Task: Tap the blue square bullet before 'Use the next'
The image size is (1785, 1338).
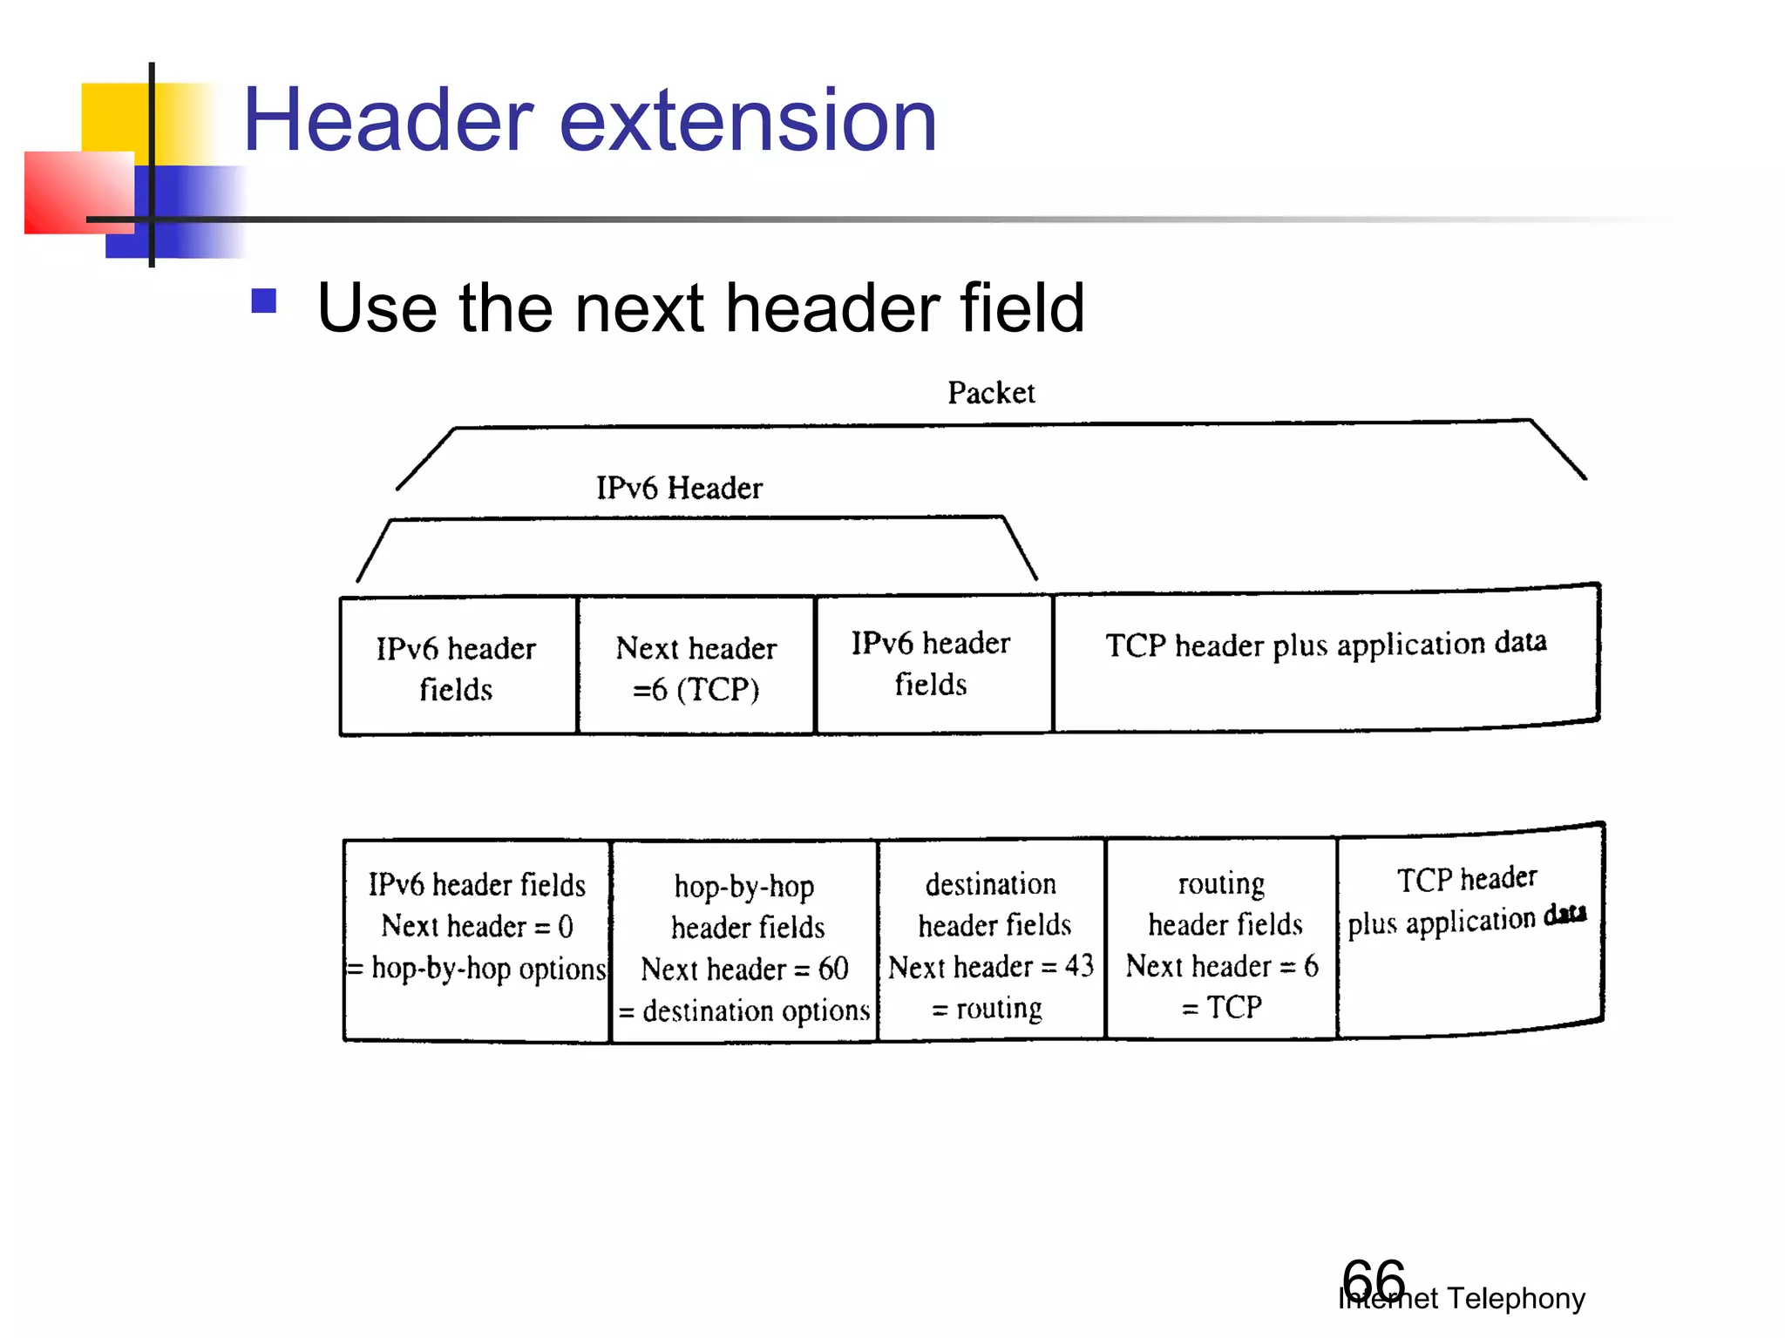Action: point(263,301)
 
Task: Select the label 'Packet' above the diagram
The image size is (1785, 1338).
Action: point(991,393)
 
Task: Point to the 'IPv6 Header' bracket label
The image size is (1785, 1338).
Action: point(679,488)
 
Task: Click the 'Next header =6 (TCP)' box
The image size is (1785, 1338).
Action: point(696,667)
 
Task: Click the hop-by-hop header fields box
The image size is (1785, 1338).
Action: point(744,941)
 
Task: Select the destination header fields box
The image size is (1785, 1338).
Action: point(991,941)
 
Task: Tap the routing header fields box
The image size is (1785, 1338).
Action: point(1221,941)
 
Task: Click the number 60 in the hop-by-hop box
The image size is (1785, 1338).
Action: point(833,969)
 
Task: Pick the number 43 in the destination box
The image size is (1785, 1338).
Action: point(1079,966)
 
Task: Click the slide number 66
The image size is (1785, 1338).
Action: point(1373,1281)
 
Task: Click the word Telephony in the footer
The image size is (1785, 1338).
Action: point(1516,1299)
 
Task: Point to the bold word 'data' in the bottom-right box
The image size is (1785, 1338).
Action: point(1565,914)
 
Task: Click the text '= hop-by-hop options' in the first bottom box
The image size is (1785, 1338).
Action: point(477,969)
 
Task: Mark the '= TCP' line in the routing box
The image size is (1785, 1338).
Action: point(1221,1008)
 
